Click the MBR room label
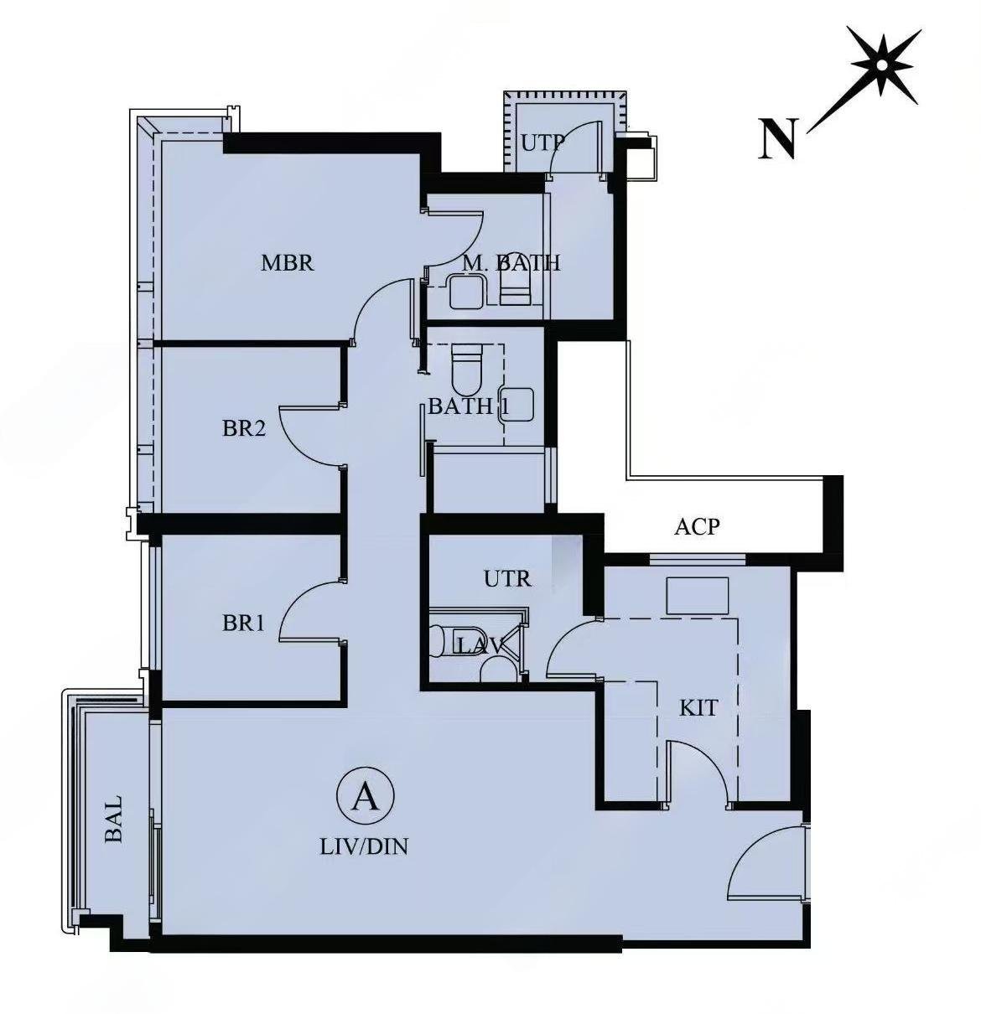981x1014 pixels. pyautogui.click(x=288, y=262)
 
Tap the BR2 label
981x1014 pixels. pyautogui.click(x=244, y=428)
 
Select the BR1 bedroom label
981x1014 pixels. pyautogui.click(x=243, y=623)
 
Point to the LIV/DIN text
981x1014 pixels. pyautogui.click(x=364, y=846)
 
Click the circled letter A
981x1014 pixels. pyautogui.click(x=366, y=796)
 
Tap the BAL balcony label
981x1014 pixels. pyautogui.click(x=114, y=818)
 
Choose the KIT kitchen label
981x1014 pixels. pyautogui.click(x=698, y=708)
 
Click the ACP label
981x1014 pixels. pyautogui.click(x=697, y=527)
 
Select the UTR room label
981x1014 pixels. pyautogui.click(x=508, y=578)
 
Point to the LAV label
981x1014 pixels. pyautogui.click(x=480, y=647)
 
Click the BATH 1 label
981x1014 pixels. pyautogui.click(x=469, y=407)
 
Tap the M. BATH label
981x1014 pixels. pyautogui.click(x=511, y=263)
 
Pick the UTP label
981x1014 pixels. pyautogui.click(x=542, y=142)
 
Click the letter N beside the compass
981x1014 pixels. pyautogui.click(x=778, y=138)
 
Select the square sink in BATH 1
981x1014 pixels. pyautogui.click(x=516, y=405)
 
